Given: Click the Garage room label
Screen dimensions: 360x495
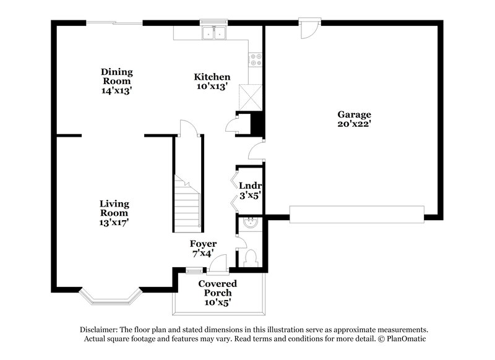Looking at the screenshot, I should pos(354,114).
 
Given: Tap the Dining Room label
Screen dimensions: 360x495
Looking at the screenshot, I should pos(117,77).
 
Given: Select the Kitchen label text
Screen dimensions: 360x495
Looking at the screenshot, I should pos(212,77).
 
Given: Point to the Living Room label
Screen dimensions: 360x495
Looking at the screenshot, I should pos(114,208).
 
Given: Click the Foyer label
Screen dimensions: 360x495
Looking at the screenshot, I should pos(202,244).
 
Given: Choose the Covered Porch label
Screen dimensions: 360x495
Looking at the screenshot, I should pos(217,288).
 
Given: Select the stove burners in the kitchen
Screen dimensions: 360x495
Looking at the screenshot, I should pos(254,60).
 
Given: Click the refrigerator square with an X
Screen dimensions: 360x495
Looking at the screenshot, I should pos(252,97).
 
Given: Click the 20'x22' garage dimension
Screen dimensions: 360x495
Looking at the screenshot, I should pos(354,124).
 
